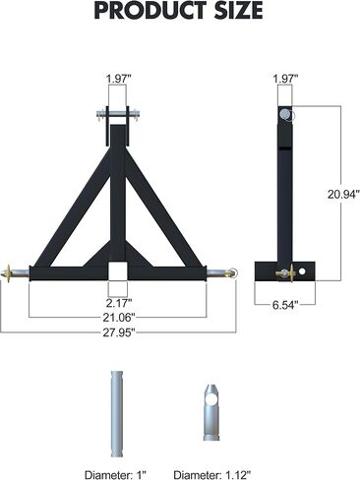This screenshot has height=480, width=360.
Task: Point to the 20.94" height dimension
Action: [332, 195]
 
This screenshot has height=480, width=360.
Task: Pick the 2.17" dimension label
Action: [118, 303]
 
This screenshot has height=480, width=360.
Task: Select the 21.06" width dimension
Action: [118, 318]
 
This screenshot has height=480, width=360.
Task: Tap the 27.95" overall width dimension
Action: [118, 332]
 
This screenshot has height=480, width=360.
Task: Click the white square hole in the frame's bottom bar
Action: [118, 270]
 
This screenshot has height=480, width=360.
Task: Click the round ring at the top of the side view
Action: [286, 114]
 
